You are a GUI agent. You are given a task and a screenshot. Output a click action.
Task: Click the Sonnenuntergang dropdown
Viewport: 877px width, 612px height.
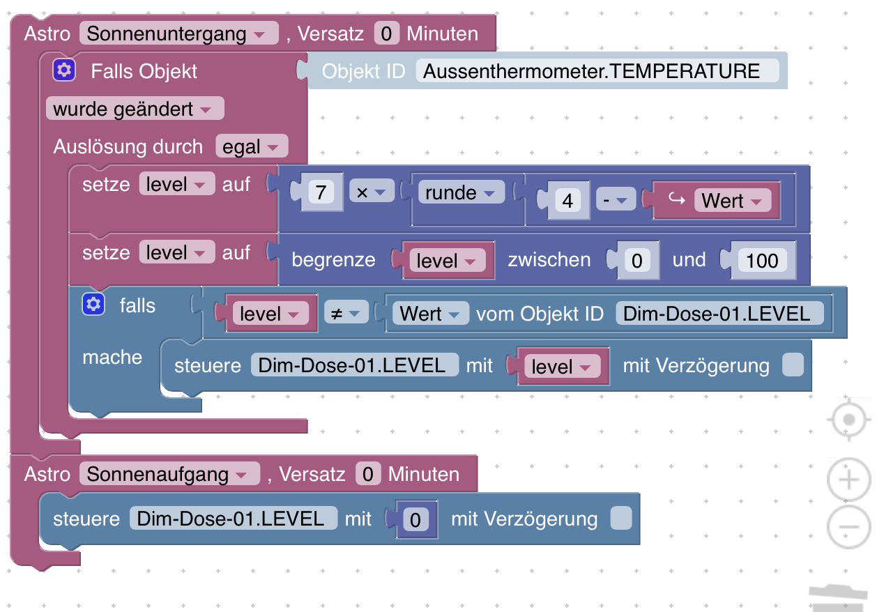point(178,34)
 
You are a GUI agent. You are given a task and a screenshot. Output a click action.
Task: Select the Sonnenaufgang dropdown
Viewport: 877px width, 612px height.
point(169,475)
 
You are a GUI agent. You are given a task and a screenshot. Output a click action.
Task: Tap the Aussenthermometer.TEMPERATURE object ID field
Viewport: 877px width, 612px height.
point(597,71)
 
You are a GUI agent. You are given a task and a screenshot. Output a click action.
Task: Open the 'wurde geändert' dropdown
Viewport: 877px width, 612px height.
point(134,109)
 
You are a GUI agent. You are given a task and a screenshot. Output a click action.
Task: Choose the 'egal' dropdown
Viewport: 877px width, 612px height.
point(251,147)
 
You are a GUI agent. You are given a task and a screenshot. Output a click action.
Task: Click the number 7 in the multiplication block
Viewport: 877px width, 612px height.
point(321,193)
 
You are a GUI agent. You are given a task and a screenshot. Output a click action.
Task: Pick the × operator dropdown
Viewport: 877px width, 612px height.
point(371,193)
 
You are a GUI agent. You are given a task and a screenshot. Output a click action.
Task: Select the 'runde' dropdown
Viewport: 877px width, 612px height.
point(460,193)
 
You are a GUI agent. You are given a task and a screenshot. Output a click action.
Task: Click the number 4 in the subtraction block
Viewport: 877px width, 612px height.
point(567,201)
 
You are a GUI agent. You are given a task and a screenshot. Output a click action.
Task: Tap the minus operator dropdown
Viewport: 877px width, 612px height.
point(616,201)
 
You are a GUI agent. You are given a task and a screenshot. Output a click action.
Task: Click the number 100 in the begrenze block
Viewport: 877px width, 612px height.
point(762,261)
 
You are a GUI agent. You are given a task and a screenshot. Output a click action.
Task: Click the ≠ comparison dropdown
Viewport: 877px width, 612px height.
point(345,314)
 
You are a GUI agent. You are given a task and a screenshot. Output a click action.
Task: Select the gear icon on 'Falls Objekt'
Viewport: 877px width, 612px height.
point(64,70)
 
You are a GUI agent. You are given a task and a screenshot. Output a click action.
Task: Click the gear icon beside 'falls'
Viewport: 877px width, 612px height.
point(93,305)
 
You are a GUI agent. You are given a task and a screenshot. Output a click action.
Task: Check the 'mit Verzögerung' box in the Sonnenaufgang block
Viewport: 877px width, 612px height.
point(620,519)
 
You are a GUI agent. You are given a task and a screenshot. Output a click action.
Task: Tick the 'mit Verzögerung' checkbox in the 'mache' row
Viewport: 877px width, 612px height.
point(793,365)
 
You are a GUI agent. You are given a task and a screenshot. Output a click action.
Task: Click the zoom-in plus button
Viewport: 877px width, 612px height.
point(848,480)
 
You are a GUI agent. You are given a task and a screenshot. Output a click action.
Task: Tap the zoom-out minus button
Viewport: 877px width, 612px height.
point(848,526)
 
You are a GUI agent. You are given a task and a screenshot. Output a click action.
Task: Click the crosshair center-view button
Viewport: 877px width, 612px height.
point(848,420)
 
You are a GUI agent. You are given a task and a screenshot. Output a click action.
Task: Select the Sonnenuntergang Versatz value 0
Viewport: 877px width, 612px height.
point(387,34)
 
